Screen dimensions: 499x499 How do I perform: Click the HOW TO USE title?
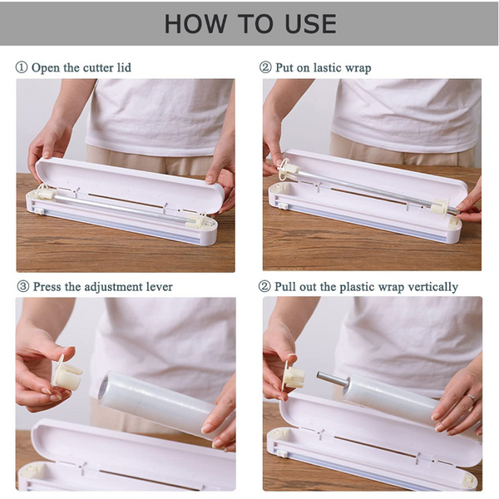249,22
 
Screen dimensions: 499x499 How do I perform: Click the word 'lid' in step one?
122,67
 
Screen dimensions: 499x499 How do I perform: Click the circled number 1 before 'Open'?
22,67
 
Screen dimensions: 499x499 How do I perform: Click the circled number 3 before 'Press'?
22,286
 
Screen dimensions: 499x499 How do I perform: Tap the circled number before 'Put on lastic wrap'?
265,67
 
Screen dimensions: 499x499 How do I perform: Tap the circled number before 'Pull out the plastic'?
265,286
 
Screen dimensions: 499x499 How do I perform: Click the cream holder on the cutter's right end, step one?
198,220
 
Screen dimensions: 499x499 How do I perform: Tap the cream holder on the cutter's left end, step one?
45,194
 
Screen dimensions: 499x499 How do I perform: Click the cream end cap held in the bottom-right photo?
293,377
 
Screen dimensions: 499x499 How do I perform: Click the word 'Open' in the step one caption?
47,67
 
